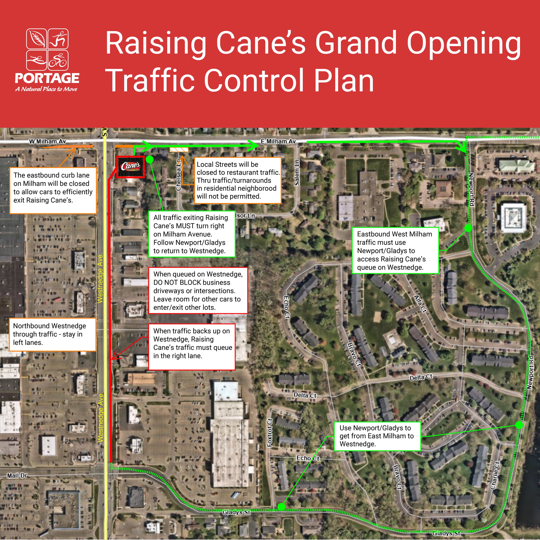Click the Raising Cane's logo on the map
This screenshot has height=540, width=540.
(x=130, y=167)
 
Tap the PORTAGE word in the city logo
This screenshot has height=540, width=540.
(x=47, y=78)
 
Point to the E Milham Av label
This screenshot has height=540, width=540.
(x=278, y=141)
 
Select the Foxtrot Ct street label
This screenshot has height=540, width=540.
(x=270, y=433)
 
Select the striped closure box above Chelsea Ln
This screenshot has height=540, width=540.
(x=179, y=150)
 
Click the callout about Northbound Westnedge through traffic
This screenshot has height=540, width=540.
(x=53, y=334)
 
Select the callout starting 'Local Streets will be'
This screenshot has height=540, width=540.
(x=238, y=180)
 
